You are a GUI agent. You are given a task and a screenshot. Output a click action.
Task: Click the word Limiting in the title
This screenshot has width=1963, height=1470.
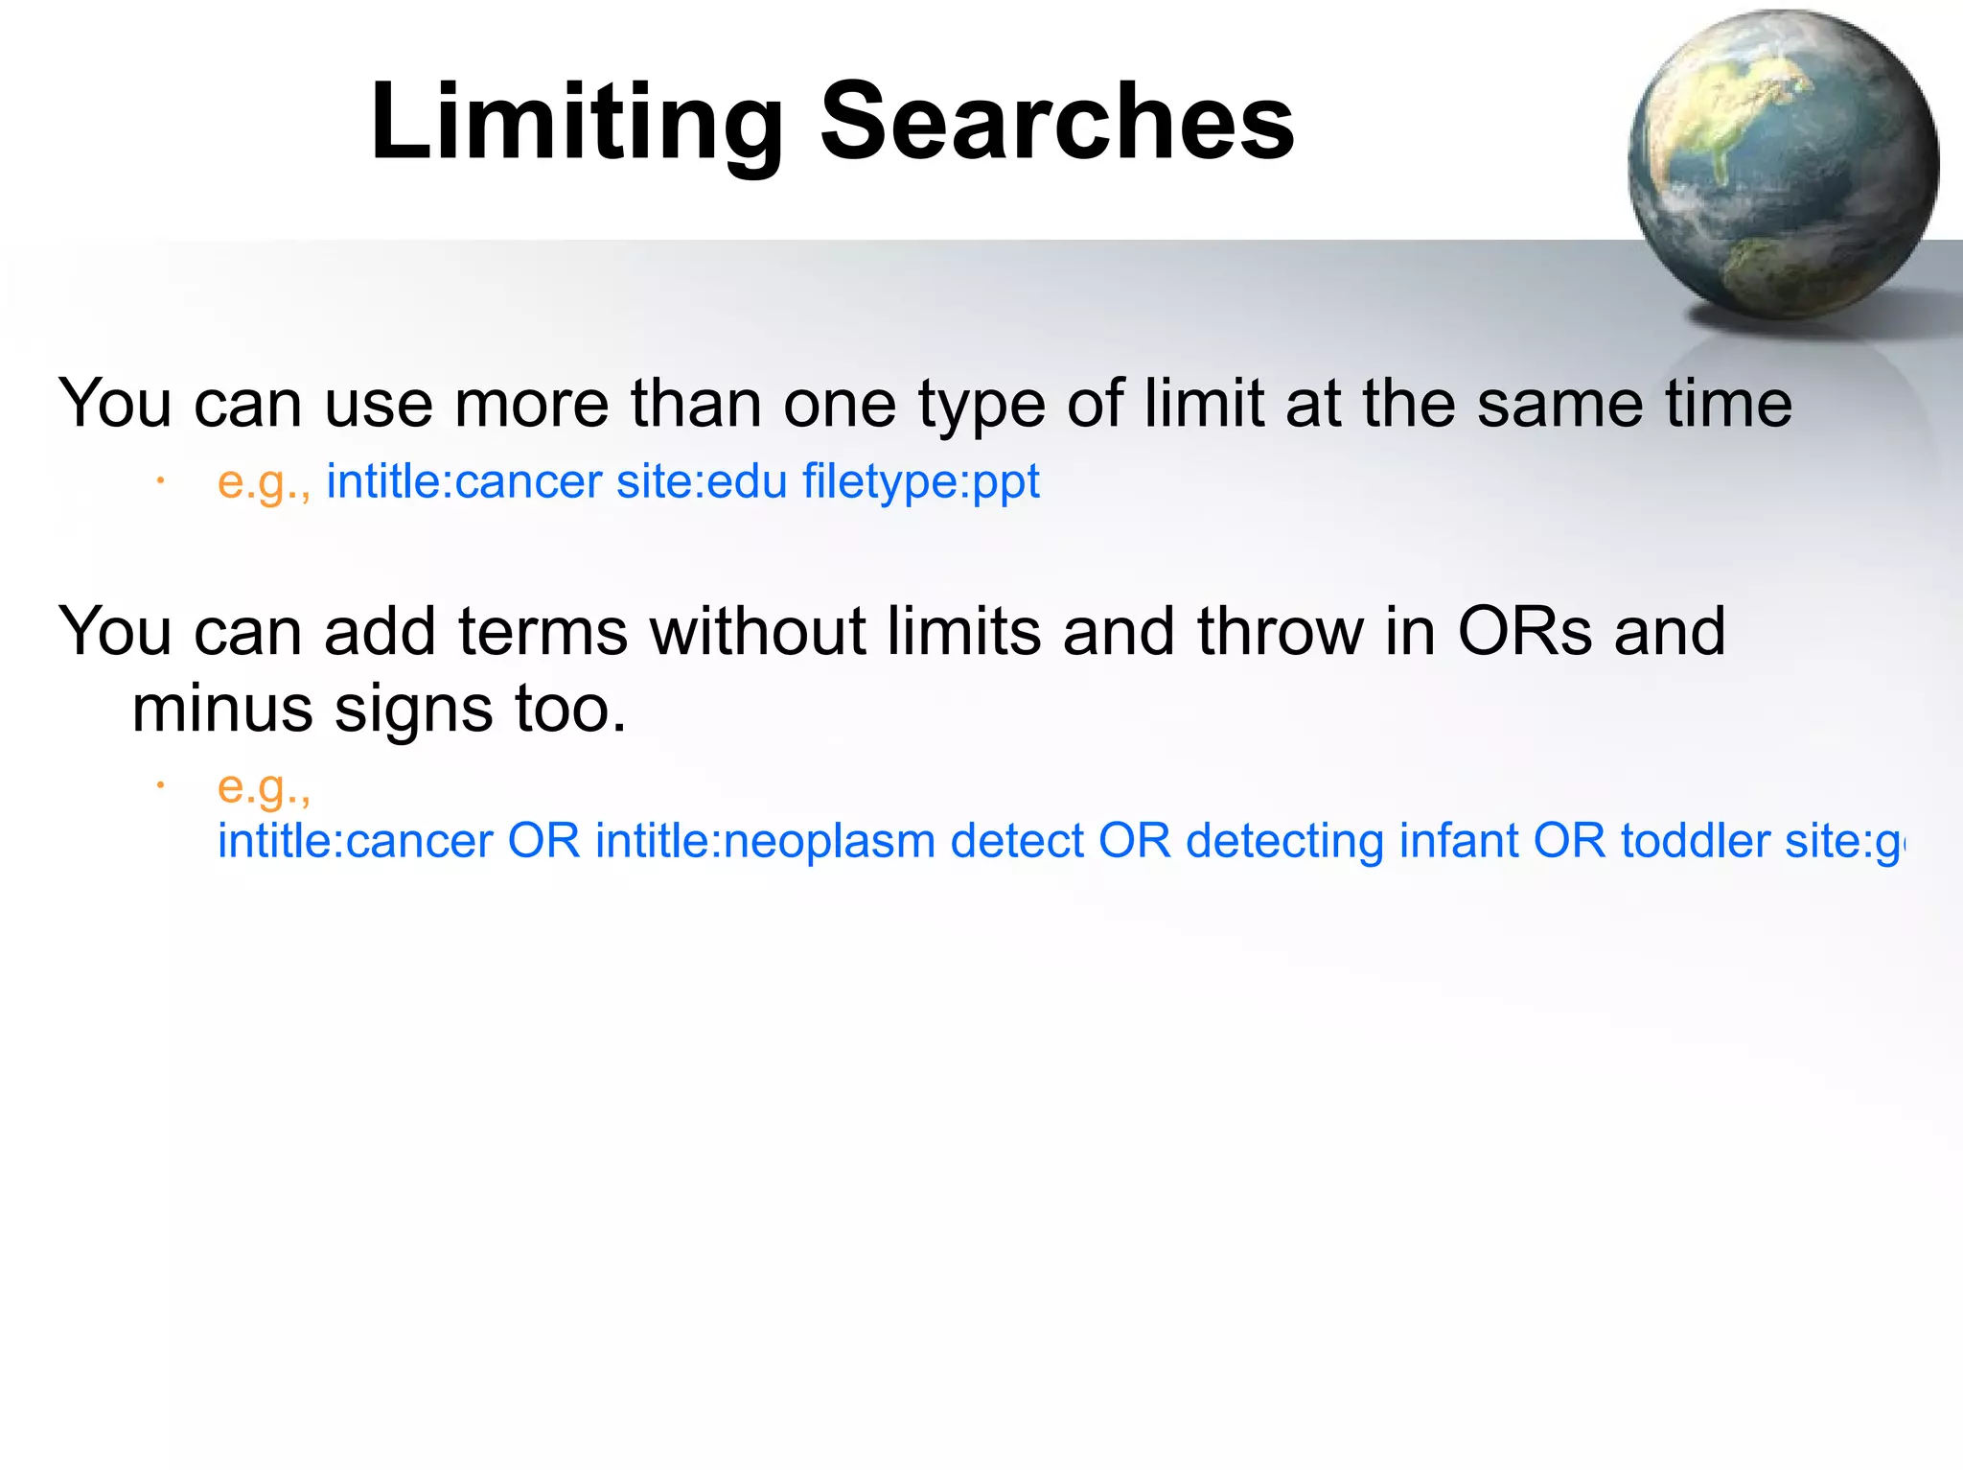tap(576, 123)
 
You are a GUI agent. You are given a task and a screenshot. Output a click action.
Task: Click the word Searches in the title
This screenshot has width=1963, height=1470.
tap(1056, 123)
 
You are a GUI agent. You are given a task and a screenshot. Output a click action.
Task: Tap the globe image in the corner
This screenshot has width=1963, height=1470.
tap(1783, 165)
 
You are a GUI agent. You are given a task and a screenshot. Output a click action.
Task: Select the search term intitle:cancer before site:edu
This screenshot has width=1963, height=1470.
tap(464, 481)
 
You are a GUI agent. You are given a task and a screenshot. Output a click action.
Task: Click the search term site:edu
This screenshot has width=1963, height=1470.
tap(702, 481)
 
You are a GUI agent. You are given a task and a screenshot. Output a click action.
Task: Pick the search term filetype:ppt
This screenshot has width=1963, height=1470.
tap(921, 481)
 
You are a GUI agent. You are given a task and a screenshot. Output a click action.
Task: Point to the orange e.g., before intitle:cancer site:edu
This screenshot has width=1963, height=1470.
tap(264, 482)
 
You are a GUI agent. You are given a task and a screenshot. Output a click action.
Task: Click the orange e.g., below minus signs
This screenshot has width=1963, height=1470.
tap(264, 787)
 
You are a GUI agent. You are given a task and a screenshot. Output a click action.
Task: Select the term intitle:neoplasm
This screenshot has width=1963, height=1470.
tap(765, 841)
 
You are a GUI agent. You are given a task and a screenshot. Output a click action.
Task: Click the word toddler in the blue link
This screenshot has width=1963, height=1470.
tap(1694, 841)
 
